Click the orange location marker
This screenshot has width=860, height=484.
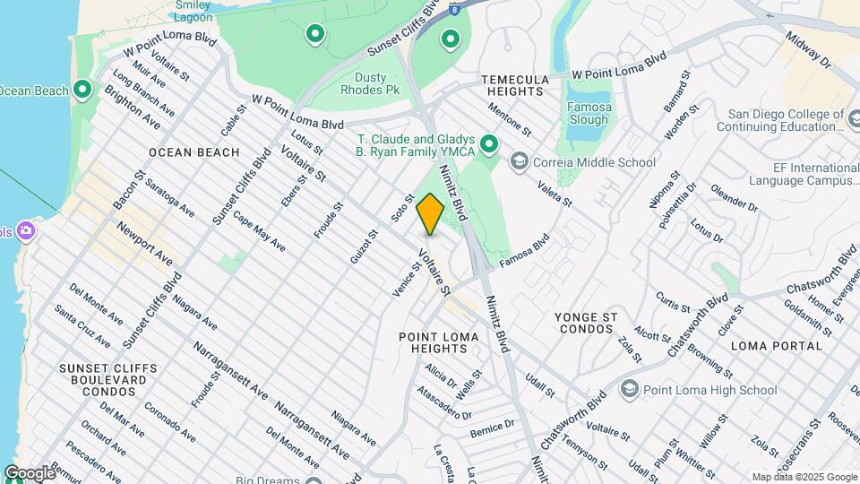pos(430,214)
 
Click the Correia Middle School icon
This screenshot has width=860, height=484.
pos(518,162)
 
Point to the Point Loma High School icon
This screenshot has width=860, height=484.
pos(630,389)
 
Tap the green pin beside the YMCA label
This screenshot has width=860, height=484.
pos(488,143)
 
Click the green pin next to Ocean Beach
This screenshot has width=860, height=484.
pos(82,90)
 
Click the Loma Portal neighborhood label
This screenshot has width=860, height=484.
pos(776,345)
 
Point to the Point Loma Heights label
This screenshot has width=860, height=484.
pos(440,342)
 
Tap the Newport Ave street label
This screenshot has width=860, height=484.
pos(149,246)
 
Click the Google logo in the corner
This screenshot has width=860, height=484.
pos(30,473)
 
